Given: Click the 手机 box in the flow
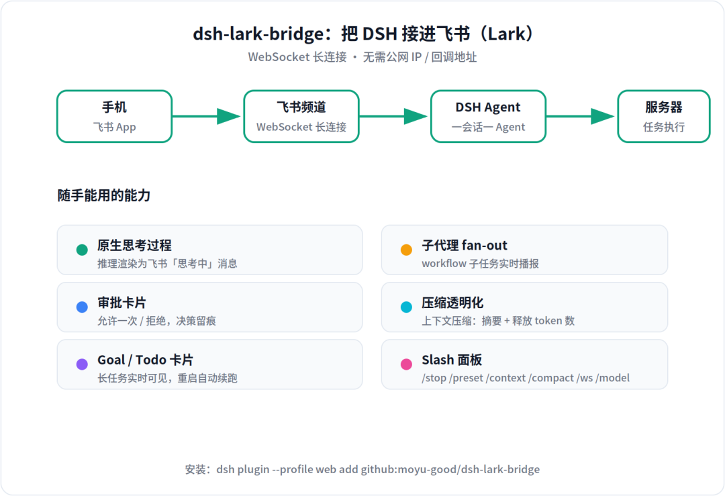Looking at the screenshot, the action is point(115,117).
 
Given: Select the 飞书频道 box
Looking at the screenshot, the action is point(301,117).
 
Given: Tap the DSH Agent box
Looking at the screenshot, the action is point(488,117).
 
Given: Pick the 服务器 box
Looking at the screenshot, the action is point(664,117).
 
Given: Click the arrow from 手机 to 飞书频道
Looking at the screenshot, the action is point(206,117).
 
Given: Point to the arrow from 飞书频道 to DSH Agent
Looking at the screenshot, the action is point(393,117).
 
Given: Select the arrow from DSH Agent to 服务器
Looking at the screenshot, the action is point(580,117).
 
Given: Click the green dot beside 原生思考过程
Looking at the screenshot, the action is point(82,250).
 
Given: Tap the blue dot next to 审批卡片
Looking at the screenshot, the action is point(82,307).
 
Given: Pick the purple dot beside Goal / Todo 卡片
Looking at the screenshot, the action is point(82,364).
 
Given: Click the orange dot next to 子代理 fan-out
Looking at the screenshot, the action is point(406,250).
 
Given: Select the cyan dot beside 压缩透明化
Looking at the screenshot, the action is point(406,307).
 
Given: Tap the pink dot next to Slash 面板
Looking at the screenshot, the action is point(406,364).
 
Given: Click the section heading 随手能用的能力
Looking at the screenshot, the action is point(104,195).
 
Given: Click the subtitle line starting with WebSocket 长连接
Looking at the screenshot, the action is point(362,57).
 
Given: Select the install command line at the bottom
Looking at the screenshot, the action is point(362,469).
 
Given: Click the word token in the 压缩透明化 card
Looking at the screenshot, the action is point(548,321).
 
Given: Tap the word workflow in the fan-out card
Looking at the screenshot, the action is point(444,264).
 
